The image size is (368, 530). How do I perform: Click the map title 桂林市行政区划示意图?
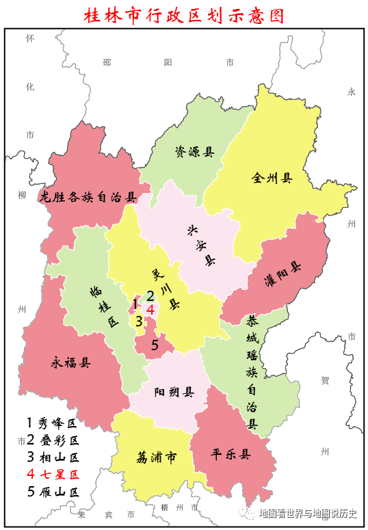(x=183, y=14)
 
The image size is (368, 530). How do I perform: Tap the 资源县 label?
(x=194, y=151)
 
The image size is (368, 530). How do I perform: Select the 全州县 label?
(x=272, y=178)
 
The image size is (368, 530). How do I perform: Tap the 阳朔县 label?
(x=174, y=392)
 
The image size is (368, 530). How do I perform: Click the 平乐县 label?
(x=230, y=454)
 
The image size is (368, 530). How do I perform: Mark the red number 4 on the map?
(x=150, y=308)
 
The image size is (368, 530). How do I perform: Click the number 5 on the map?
(x=155, y=345)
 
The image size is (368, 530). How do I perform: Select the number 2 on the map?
(x=150, y=295)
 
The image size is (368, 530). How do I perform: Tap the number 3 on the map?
(x=139, y=320)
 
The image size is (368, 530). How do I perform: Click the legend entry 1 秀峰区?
(x=53, y=422)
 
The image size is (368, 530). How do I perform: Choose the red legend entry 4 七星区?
(x=53, y=473)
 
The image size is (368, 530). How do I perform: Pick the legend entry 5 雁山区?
(x=53, y=491)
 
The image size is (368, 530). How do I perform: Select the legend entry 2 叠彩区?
(x=53, y=439)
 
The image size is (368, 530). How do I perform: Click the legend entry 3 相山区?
(x=53, y=456)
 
